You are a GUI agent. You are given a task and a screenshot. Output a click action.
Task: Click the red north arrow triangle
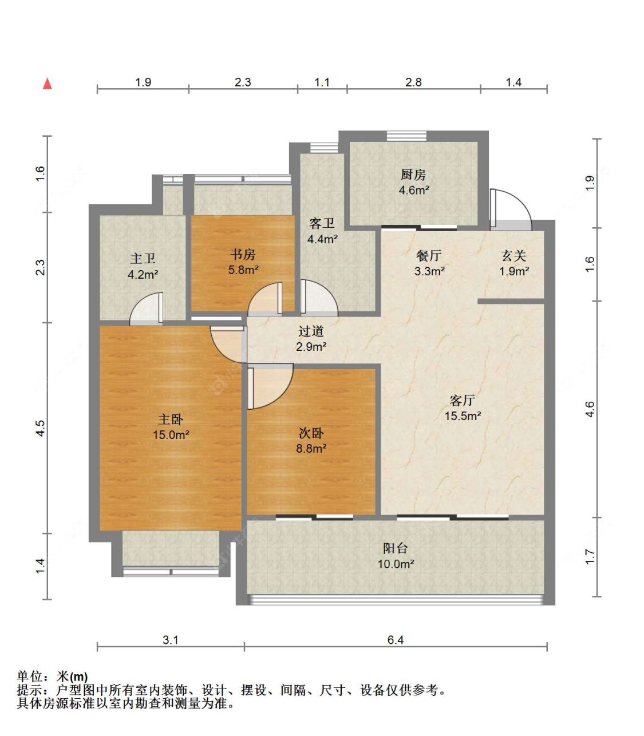click(x=47, y=84)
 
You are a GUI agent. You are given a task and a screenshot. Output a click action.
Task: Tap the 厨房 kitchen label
click(x=413, y=175)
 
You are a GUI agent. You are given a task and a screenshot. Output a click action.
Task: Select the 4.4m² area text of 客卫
click(x=322, y=239)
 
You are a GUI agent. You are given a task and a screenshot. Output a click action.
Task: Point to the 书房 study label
click(x=243, y=255)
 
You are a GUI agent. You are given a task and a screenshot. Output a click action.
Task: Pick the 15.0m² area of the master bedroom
click(x=171, y=435)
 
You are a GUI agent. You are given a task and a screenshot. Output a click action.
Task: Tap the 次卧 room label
click(x=311, y=433)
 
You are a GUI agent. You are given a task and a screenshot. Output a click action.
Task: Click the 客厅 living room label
click(x=463, y=400)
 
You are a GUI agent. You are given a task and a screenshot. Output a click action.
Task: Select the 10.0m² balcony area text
click(x=396, y=564)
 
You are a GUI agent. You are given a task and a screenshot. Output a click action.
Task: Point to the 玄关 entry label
click(x=513, y=256)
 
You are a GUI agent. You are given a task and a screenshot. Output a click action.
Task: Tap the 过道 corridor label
click(x=311, y=331)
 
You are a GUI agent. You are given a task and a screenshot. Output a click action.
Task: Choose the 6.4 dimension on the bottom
click(x=396, y=640)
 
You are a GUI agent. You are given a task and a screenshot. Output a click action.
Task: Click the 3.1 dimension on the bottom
click(x=171, y=640)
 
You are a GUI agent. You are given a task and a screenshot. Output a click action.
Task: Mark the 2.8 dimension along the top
click(x=413, y=82)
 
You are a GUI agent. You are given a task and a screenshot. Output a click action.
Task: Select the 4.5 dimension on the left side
click(x=40, y=428)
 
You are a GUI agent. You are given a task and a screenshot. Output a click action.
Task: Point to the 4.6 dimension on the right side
click(x=590, y=409)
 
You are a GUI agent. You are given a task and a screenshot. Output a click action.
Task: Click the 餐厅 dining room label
click(x=429, y=256)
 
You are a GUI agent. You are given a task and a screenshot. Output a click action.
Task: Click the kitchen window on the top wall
click(x=406, y=136)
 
